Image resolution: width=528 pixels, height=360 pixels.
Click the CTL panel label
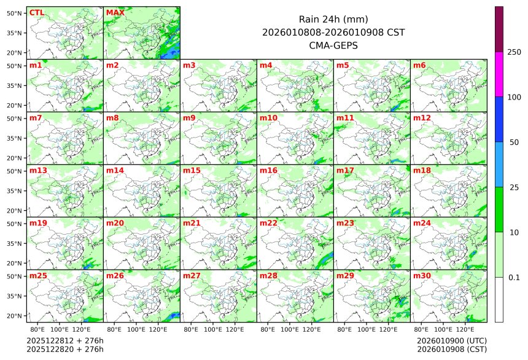(37, 12)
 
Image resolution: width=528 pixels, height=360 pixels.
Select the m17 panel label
(345, 170)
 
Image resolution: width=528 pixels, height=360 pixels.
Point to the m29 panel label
(345, 276)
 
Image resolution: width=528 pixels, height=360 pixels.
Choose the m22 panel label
(268, 223)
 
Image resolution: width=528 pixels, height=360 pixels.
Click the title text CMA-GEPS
(333, 45)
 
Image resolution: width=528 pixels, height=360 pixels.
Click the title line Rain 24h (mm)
(333, 19)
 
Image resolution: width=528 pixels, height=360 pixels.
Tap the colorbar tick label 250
(514, 52)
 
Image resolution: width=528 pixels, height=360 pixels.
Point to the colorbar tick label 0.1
(514, 277)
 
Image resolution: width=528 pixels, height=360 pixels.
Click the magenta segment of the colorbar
(499, 74)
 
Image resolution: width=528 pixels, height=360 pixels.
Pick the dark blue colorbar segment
(499, 119)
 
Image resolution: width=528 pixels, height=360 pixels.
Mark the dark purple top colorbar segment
(499, 29)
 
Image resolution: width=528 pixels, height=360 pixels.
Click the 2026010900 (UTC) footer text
(452, 340)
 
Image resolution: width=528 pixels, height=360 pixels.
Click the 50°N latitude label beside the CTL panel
(15, 13)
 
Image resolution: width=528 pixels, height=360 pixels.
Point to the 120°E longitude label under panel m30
(465, 330)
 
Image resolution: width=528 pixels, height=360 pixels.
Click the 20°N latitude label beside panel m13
(15, 211)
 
